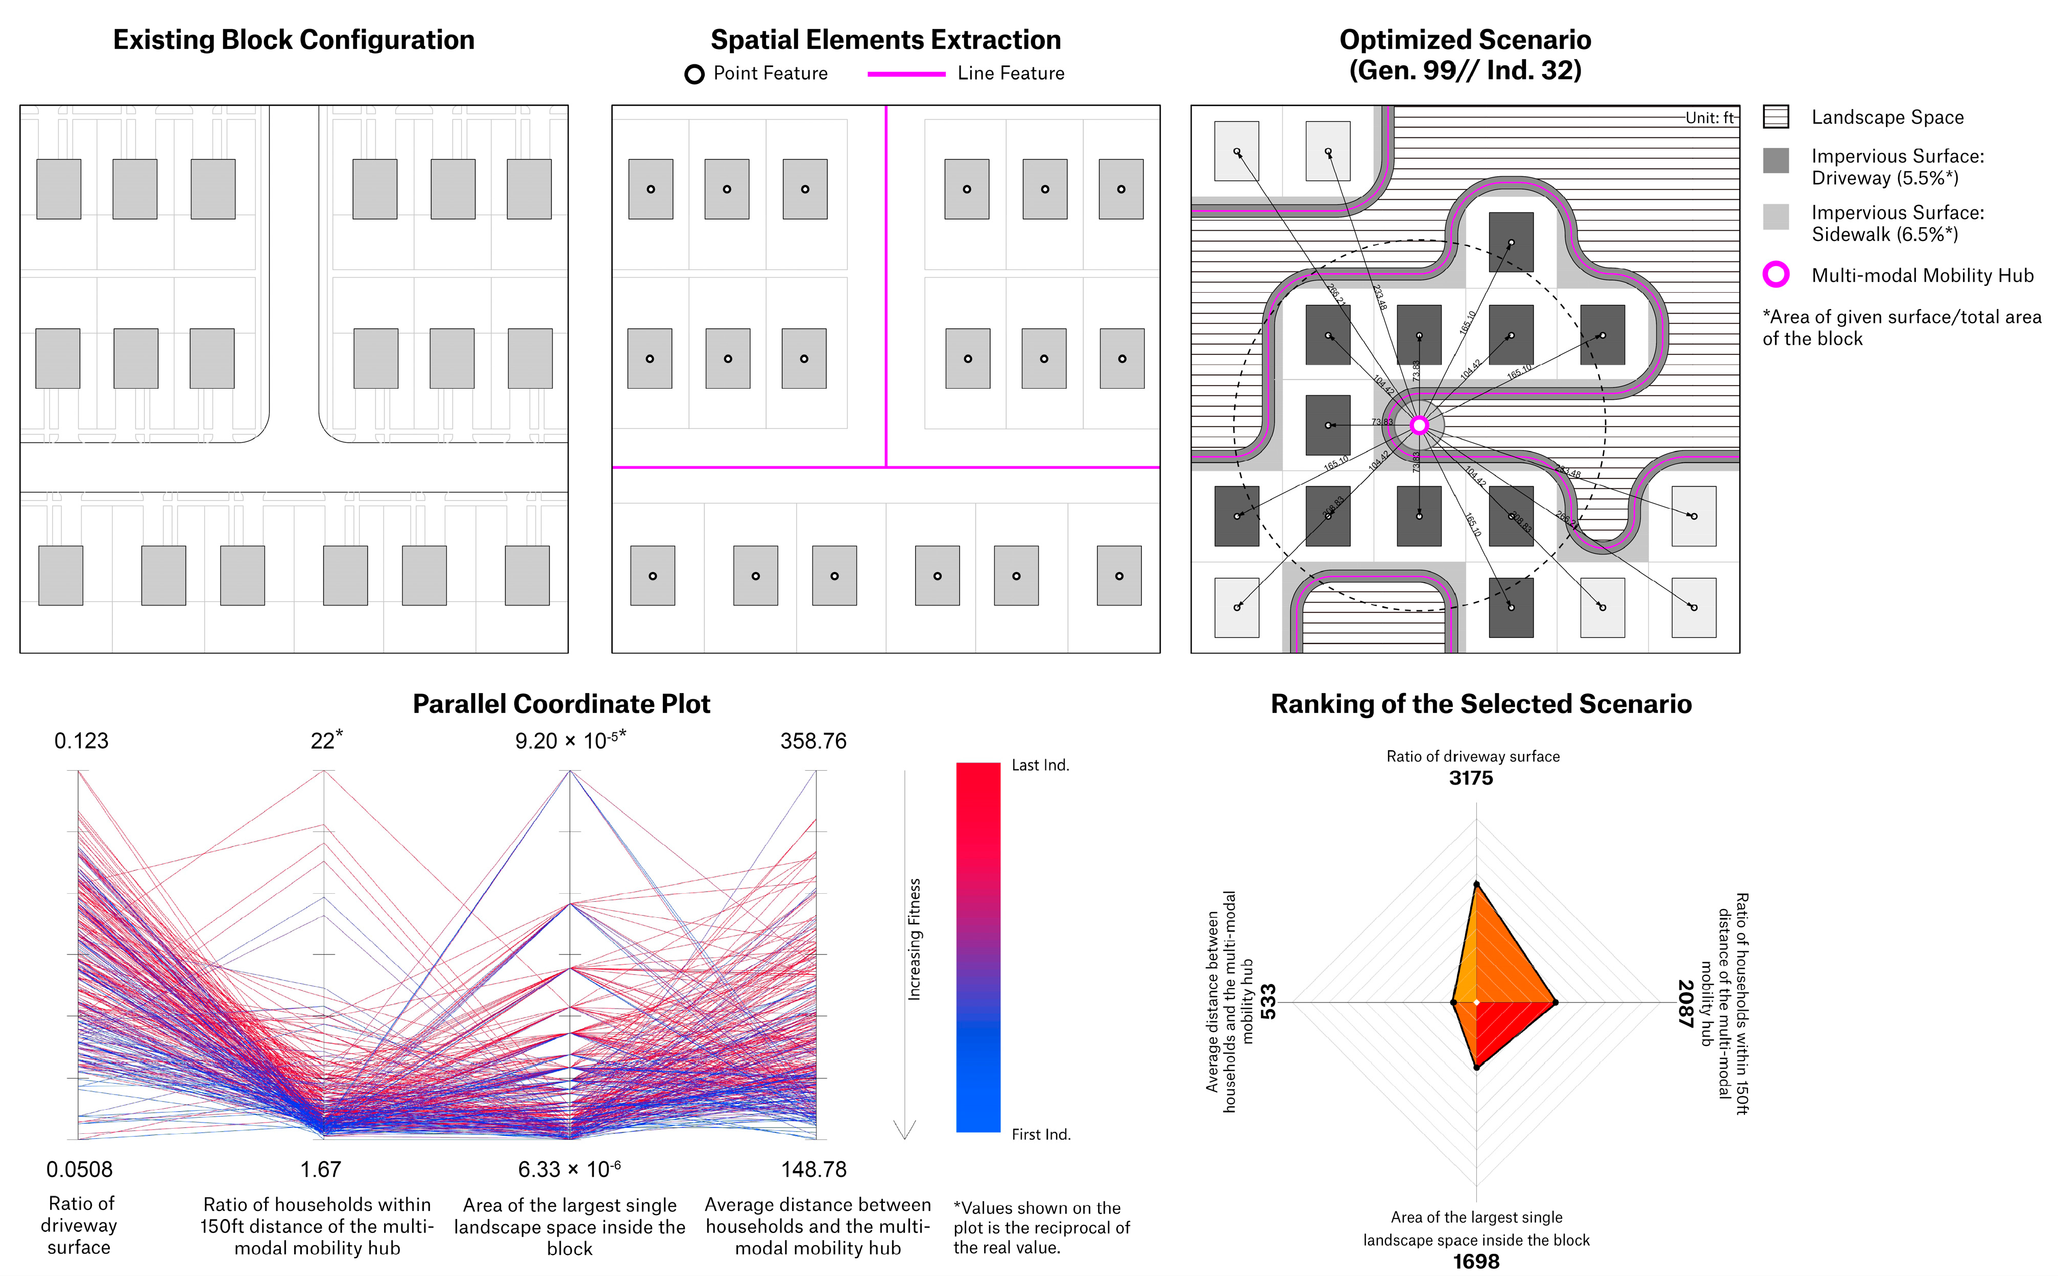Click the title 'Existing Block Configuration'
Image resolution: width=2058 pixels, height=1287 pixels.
click(x=294, y=40)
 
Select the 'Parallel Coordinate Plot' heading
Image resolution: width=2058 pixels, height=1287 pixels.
click(x=561, y=704)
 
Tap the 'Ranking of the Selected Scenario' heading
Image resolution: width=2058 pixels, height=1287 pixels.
click(x=1481, y=704)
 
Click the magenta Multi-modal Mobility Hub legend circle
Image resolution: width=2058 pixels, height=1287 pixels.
click(x=1776, y=274)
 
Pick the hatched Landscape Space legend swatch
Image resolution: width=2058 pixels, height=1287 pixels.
click(x=1776, y=116)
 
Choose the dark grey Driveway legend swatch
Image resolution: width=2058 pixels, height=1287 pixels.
click(x=1776, y=160)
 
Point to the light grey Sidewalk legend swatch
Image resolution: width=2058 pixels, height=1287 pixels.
click(x=1776, y=216)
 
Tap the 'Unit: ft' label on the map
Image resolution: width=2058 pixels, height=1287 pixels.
click(x=1709, y=117)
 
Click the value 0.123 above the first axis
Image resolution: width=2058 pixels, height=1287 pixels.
click(x=82, y=741)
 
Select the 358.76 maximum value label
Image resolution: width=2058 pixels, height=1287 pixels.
click(x=813, y=741)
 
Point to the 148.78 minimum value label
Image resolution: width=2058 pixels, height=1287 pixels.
click(x=813, y=1170)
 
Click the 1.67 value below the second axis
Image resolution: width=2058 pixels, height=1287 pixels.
click(x=321, y=1170)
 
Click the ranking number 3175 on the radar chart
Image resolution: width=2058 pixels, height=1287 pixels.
click(x=1471, y=778)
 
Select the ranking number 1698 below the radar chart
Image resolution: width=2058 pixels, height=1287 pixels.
click(x=1476, y=1261)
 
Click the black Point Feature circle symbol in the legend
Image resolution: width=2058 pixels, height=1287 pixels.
click(x=695, y=74)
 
